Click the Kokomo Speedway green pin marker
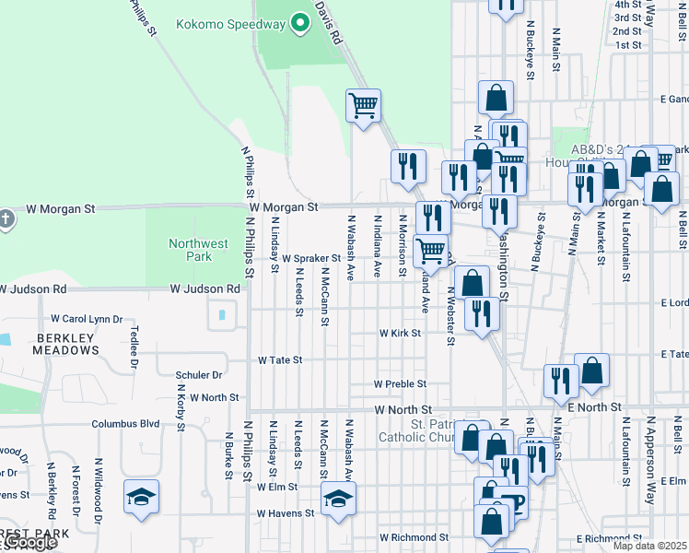[x=298, y=23]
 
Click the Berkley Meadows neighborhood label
[x=65, y=344]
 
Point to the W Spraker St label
[x=311, y=259]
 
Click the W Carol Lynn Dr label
[x=86, y=319]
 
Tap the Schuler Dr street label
[x=199, y=375]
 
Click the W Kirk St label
[x=400, y=333]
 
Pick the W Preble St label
[x=400, y=383]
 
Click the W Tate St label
[x=280, y=359]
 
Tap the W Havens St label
[x=286, y=513]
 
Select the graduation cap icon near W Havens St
[x=338, y=500]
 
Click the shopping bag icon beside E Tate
[x=592, y=371]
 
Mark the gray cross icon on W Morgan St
[x=6, y=219]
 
